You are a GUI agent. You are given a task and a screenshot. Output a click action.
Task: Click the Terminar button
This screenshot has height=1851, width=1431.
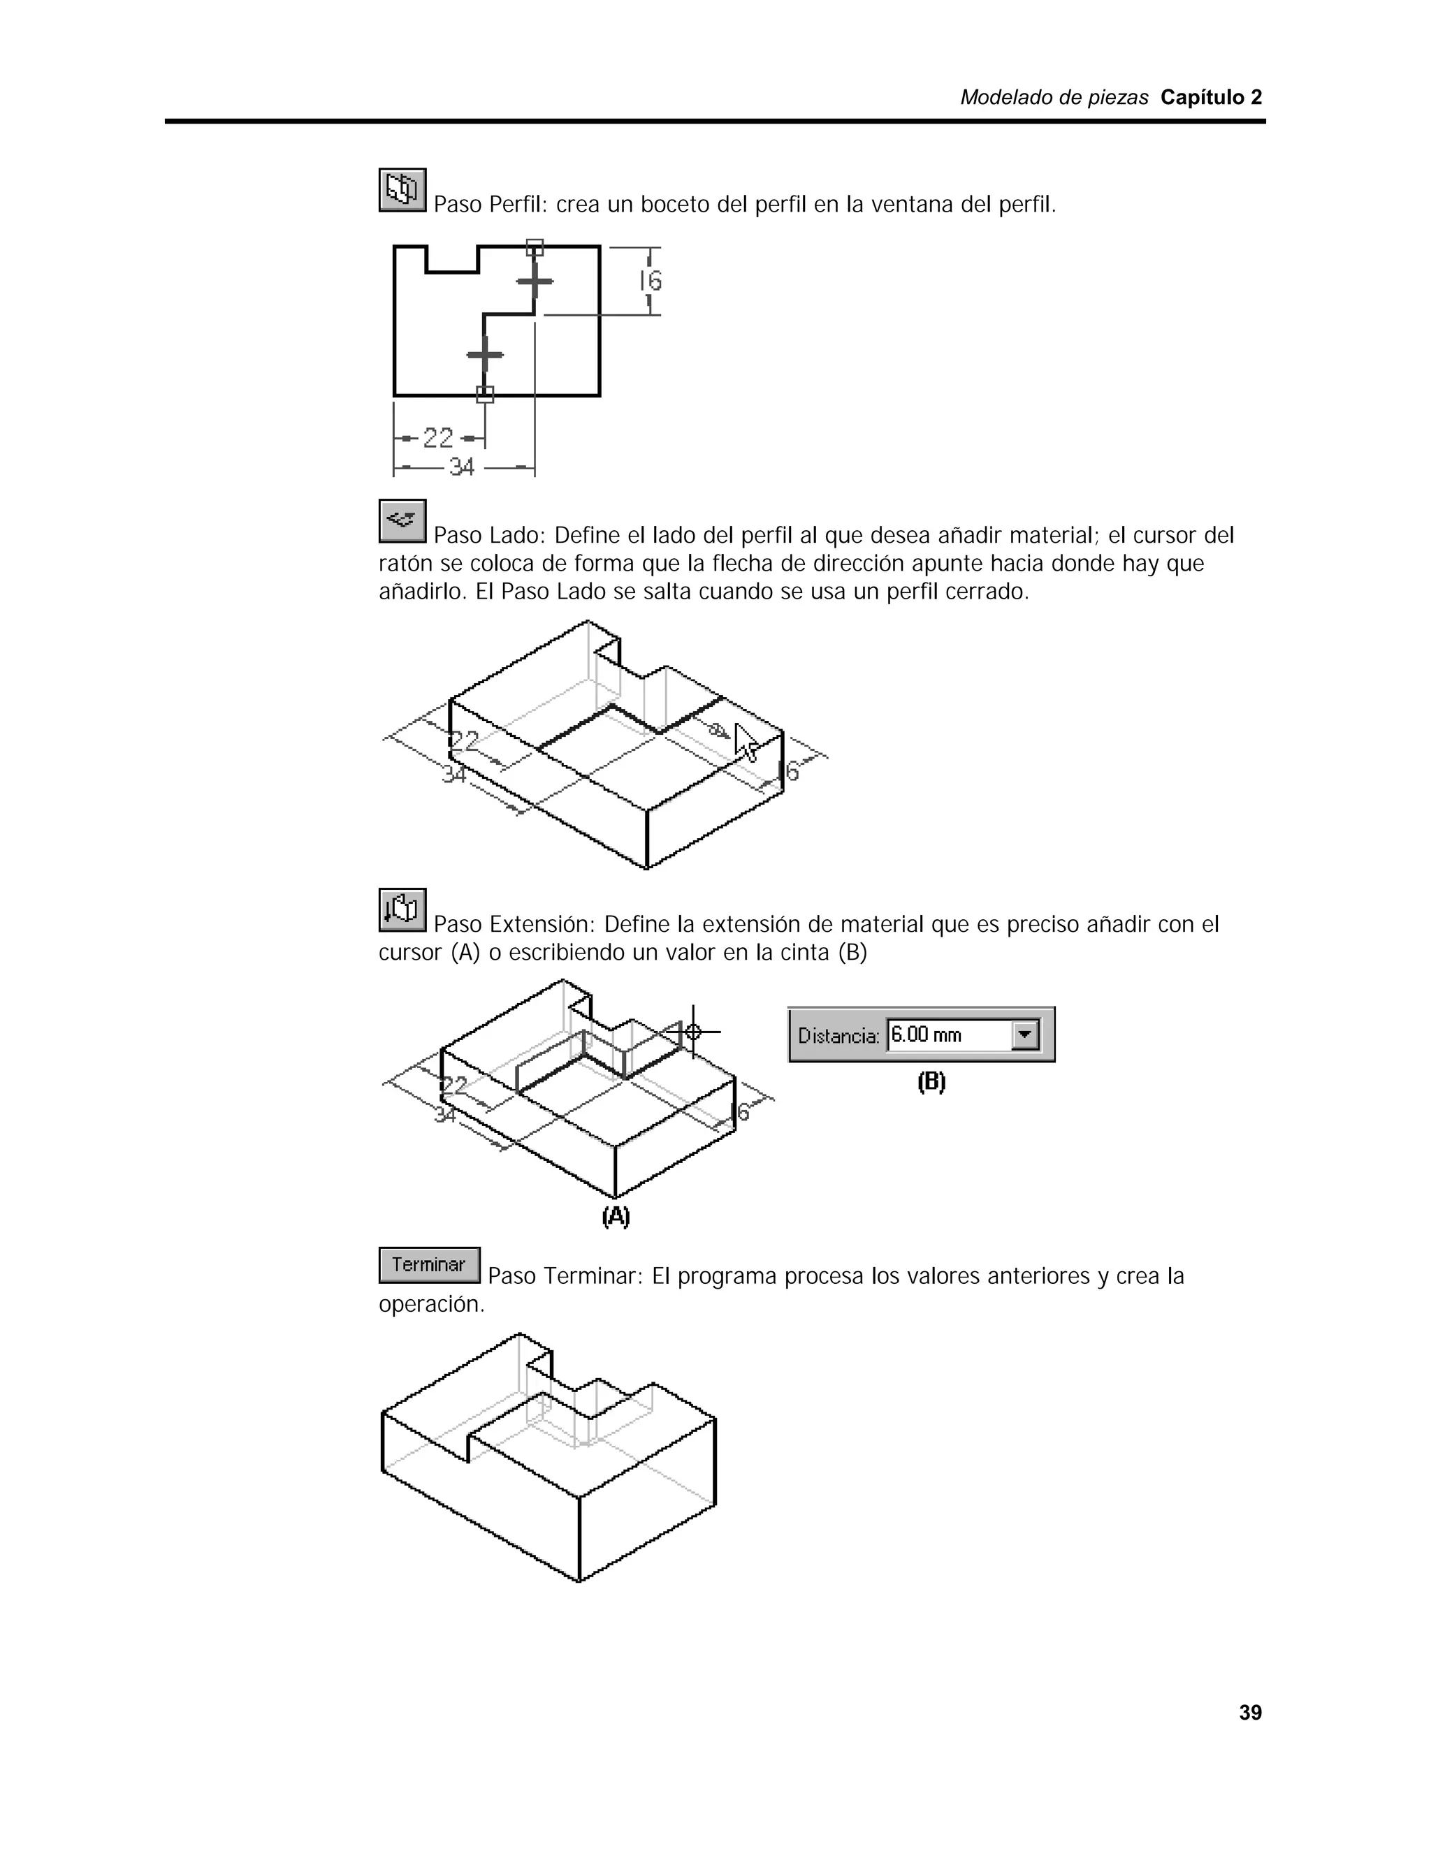429,1264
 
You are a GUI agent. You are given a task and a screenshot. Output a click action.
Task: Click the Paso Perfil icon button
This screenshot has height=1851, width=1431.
402,190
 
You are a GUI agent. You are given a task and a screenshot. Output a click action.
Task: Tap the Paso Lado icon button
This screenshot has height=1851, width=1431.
402,520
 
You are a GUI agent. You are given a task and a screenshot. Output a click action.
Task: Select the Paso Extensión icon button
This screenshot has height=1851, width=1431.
402,909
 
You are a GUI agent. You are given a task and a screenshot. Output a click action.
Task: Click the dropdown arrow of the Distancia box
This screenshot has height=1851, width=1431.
1026,1035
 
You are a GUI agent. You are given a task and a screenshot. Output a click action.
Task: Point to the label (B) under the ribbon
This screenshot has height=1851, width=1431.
931,1082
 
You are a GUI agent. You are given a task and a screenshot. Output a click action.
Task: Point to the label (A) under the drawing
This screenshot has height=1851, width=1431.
616,1217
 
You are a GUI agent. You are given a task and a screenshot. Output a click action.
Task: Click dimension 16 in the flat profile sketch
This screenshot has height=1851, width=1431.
651,281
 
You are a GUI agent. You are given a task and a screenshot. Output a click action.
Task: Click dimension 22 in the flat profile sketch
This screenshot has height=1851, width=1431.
438,438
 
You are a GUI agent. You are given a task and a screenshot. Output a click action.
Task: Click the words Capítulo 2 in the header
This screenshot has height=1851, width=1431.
1211,98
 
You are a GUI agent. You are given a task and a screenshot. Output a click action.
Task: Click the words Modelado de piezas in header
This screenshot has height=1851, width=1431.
1054,98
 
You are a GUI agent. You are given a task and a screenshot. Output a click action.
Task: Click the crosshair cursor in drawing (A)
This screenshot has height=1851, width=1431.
693,1032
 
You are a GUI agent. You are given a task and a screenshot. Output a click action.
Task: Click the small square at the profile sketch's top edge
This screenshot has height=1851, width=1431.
535,247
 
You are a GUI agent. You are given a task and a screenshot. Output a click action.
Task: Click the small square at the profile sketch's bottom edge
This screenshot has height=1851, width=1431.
485,394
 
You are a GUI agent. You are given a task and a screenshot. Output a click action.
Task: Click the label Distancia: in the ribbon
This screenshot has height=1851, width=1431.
838,1036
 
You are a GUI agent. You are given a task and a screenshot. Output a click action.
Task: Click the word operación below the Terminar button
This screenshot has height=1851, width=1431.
430,1304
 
